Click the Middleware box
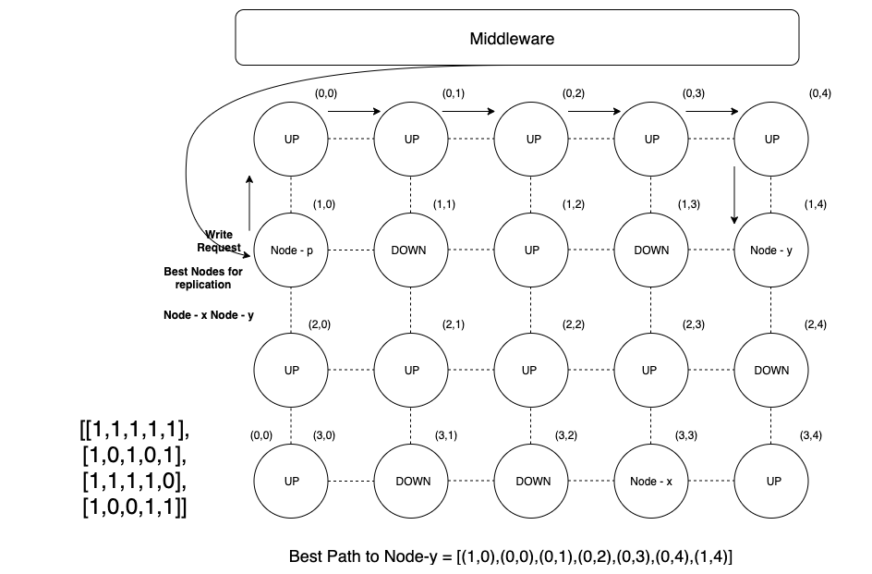tap(516, 39)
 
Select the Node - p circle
tap(291, 250)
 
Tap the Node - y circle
tap(771, 250)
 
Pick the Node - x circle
tap(651, 482)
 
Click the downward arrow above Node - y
tap(734, 195)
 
